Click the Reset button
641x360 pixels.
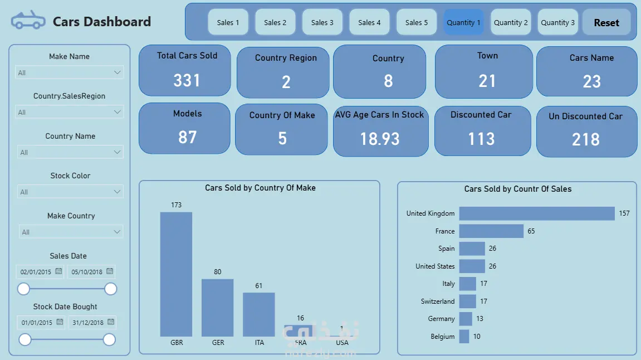coord(606,23)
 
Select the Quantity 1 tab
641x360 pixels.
coord(463,23)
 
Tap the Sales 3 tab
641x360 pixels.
coord(322,23)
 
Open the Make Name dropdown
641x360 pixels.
coord(70,72)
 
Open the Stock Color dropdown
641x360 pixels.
coord(70,192)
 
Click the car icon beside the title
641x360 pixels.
coord(28,21)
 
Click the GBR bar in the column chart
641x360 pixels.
coord(176,274)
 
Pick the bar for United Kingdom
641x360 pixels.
coord(536,213)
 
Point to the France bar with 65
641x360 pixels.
coord(491,231)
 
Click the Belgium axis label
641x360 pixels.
coord(443,337)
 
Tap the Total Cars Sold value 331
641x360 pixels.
coord(187,80)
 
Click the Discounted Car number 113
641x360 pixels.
coord(481,138)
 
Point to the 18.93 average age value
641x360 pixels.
coord(380,139)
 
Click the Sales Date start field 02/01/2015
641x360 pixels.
coord(36,272)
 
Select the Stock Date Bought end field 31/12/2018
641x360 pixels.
coord(88,323)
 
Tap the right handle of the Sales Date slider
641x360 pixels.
coord(111,289)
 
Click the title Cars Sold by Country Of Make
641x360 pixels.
coord(260,188)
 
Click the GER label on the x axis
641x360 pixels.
coord(218,342)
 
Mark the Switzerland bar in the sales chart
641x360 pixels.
coord(468,301)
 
